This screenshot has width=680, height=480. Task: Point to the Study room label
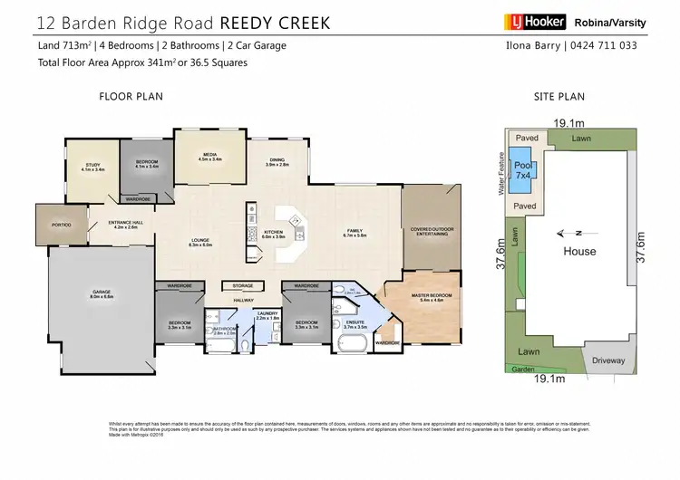(93, 168)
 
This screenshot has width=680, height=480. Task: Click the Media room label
(209, 157)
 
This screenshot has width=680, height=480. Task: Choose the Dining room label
(277, 162)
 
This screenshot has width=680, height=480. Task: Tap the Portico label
(59, 225)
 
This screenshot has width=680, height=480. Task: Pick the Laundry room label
(241, 316)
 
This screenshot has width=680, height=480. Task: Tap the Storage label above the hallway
(242, 285)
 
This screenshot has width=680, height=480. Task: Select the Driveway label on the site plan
(607, 360)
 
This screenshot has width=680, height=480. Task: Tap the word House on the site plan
(579, 251)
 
